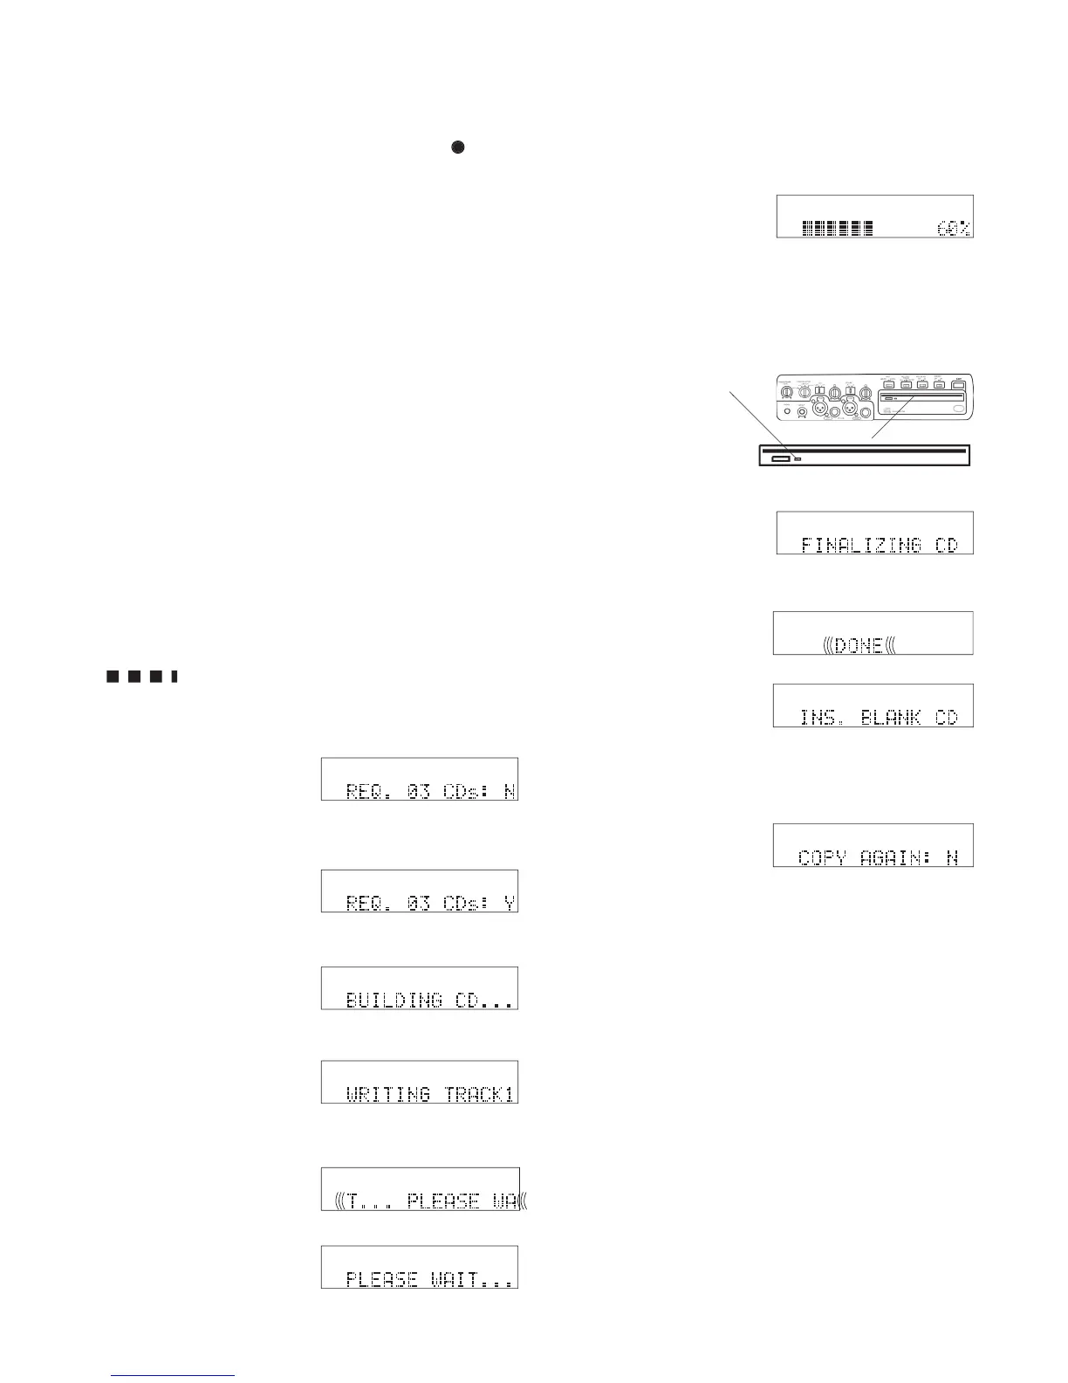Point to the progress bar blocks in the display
click(838, 229)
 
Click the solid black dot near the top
click(457, 148)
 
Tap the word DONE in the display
click(859, 646)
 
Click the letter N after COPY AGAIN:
click(953, 857)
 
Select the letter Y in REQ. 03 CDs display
click(510, 903)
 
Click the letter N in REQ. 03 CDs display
click(510, 792)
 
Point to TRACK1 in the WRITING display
click(479, 1094)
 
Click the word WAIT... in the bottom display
click(472, 1279)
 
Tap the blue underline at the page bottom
click(174, 1376)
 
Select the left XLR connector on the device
click(821, 408)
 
